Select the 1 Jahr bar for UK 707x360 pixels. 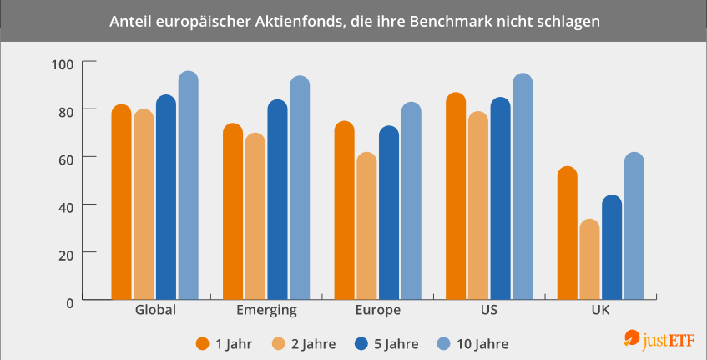(x=568, y=233)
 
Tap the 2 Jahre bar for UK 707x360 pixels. (x=589, y=259)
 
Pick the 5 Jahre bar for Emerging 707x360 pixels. (x=277, y=200)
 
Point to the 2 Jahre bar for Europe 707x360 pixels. (x=366, y=226)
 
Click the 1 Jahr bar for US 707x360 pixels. (x=456, y=196)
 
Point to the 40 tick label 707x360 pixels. (x=65, y=205)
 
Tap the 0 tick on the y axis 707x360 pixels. (x=69, y=301)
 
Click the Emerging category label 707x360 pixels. (x=266, y=310)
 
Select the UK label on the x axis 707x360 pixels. (x=602, y=310)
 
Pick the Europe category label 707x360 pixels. (x=377, y=310)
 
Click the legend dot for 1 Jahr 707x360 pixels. (x=202, y=342)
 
